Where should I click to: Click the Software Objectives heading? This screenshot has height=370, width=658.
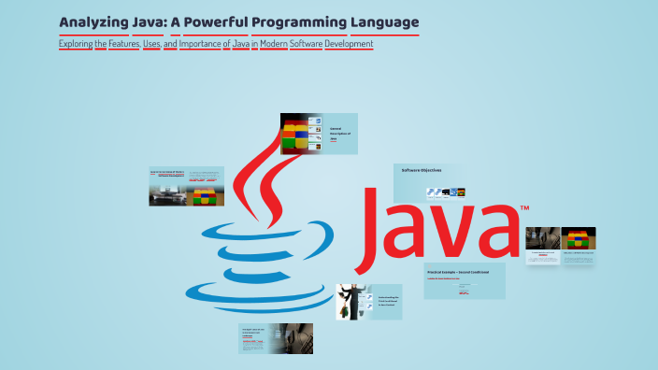422,170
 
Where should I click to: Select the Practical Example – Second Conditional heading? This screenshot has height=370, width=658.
459,272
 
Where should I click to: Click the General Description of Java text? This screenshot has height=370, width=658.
338,134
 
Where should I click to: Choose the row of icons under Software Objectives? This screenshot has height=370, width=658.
446,192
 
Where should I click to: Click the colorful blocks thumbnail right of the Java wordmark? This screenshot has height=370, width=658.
579,239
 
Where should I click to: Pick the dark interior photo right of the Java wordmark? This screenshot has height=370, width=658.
542,238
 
